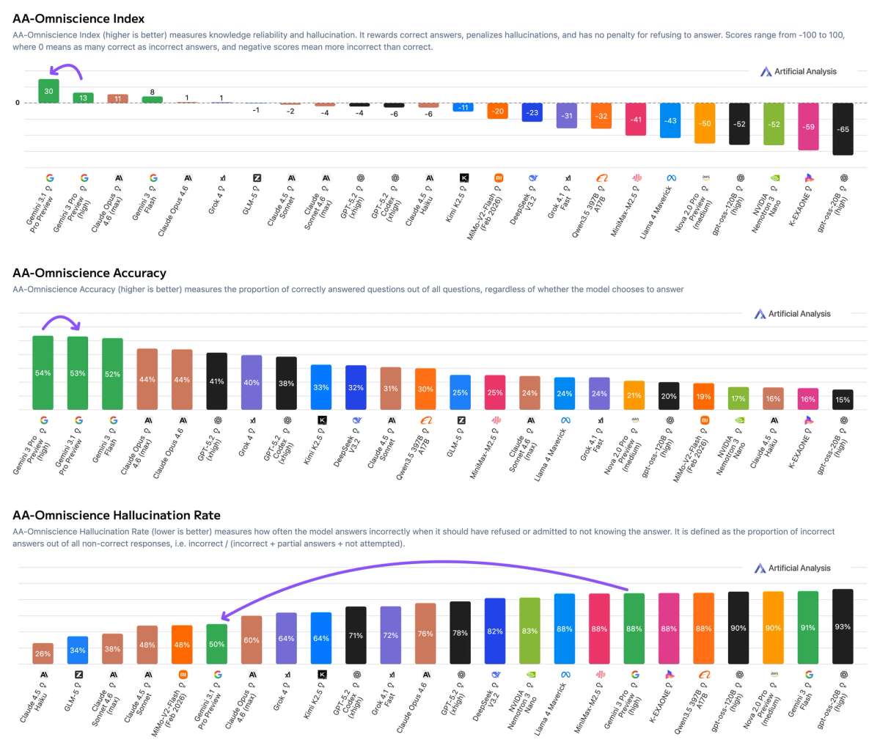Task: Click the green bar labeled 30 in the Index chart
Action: [48, 91]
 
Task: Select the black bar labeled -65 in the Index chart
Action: [843, 128]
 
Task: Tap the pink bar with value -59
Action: [808, 126]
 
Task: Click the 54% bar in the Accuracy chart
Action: [43, 373]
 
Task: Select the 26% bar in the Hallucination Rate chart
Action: [43, 653]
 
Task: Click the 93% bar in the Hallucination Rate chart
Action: [843, 626]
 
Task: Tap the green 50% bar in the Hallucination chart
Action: [217, 644]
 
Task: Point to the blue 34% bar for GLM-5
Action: [78, 650]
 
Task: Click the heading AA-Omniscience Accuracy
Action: [89, 273]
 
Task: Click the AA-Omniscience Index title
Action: [78, 18]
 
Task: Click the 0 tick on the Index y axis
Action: [18, 103]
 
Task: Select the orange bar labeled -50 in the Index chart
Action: [705, 123]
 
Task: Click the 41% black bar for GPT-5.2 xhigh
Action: [217, 381]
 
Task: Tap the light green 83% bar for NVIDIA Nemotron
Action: [529, 631]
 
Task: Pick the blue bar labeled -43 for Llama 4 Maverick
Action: [670, 120]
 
